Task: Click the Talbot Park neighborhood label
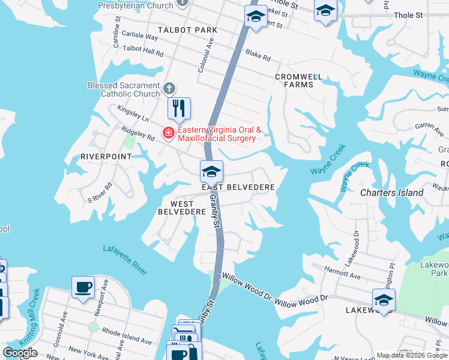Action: pos(178,29)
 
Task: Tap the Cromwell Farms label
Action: pos(298,80)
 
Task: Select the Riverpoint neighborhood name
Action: pos(106,157)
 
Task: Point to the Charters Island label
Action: pos(391,193)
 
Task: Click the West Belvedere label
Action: pos(178,207)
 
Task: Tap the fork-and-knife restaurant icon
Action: pos(179,109)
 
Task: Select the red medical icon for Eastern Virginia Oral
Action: pos(169,133)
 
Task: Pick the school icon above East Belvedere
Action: pos(211,172)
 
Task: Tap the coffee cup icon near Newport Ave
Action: pos(83,286)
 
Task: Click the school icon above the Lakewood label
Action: pos(384,299)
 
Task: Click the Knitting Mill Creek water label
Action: pos(29,317)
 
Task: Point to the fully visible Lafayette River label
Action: pos(125,260)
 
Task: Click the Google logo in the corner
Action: pos(20,353)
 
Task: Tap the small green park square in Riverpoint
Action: pos(129,142)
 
